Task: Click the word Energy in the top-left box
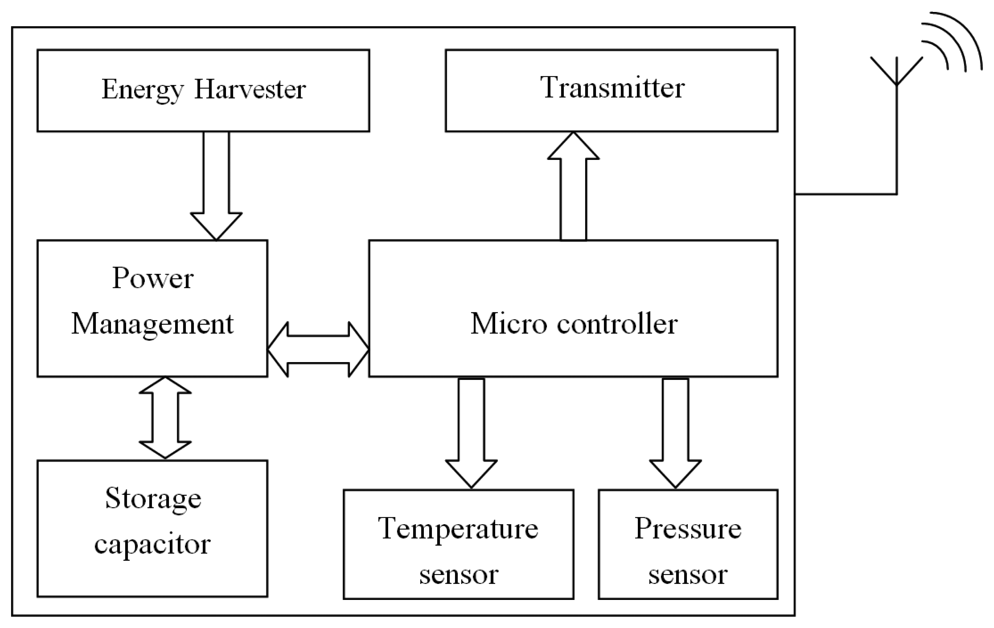click(x=142, y=90)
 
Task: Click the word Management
click(x=153, y=324)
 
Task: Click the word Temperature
click(x=458, y=529)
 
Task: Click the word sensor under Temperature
click(x=459, y=574)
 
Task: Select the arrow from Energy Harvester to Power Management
click(x=216, y=186)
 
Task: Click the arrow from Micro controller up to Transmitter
click(x=573, y=186)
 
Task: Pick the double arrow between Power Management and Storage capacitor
click(x=165, y=418)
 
